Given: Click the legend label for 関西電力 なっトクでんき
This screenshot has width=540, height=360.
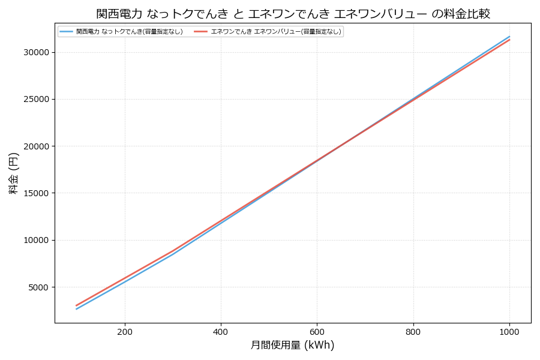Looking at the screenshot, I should pyautogui.click(x=129, y=31).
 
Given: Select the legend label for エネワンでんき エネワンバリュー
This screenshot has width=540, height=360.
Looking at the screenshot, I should pyautogui.click(x=276, y=31).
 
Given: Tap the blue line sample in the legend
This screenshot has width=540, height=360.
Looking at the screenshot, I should pyautogui.click(x=66, y=31).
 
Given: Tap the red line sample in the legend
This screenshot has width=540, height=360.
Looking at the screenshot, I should pyautogui.click(x=200, y=31).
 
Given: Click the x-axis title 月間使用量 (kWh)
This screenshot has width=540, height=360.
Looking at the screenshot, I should pyautogui.click(x=292, y=345).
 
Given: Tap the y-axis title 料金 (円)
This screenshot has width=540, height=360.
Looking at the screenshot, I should pyautogui.click(x=13, y=173).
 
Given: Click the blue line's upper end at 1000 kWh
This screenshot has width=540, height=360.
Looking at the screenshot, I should pyautogui.click(x=509, y=37).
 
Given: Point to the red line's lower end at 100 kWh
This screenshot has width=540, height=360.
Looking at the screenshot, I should pyautogui.click(x=77, y=305).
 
